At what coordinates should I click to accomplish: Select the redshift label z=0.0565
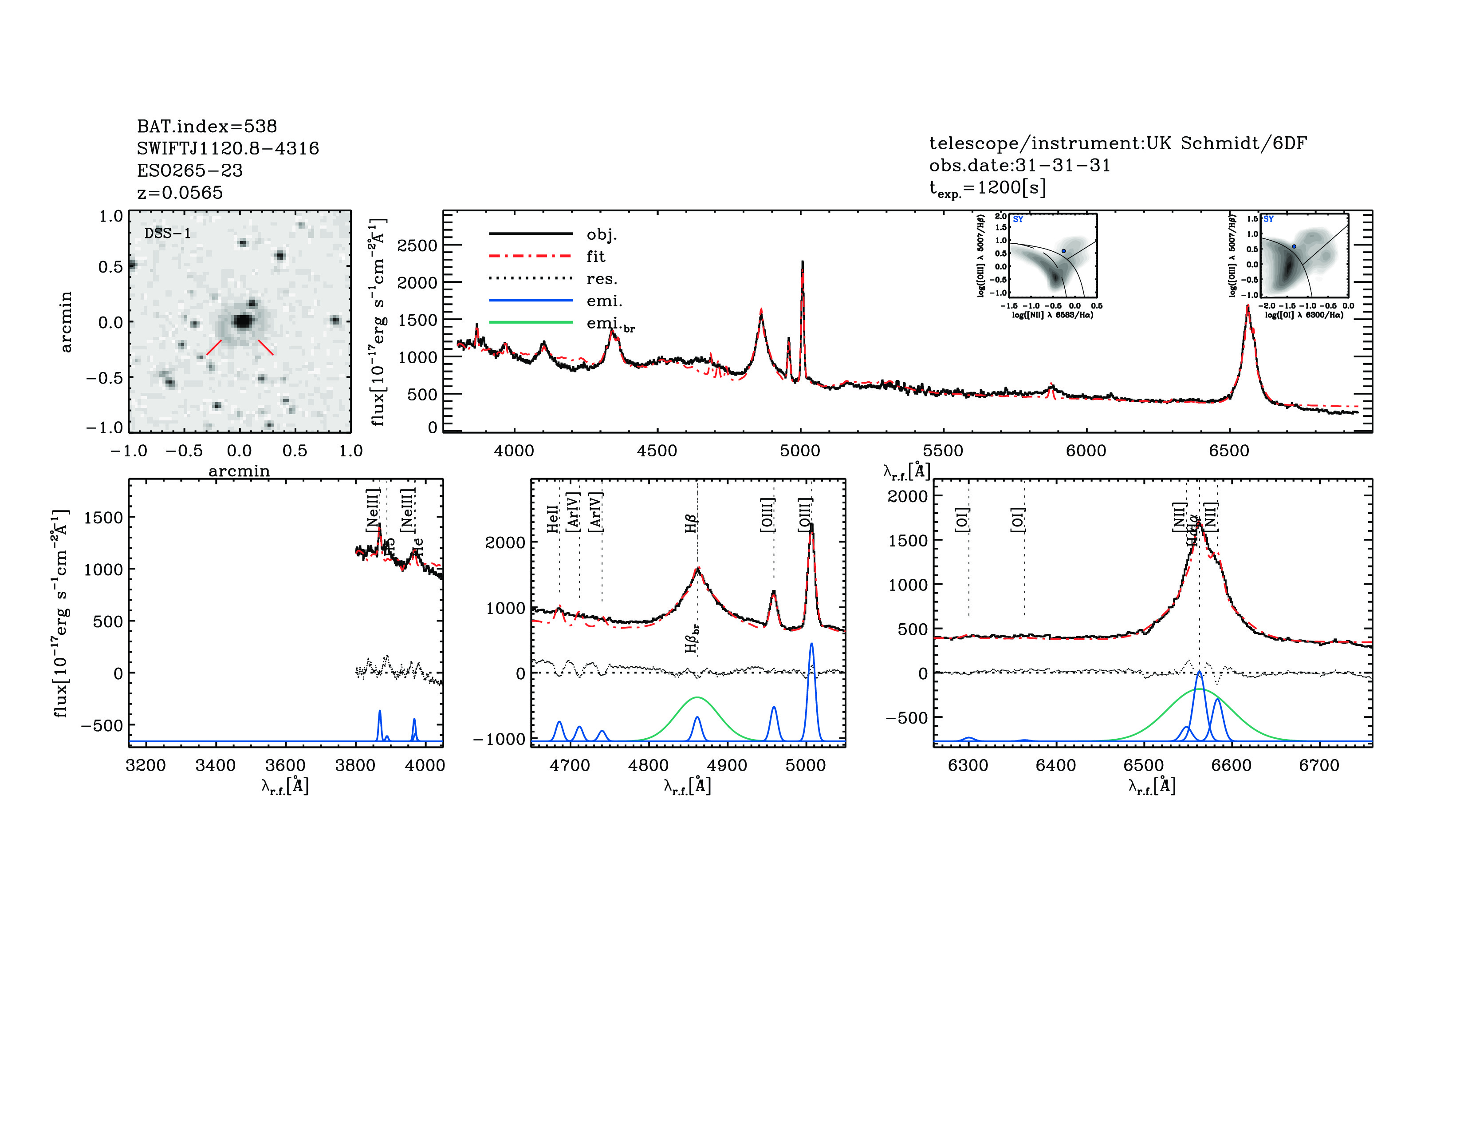click(x=180, y=193)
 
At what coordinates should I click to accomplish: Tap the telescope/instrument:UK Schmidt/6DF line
click(x=1118, y=143)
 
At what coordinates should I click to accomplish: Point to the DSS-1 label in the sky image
click(x=168, y=234)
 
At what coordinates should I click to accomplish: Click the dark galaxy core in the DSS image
click(x=243, y=321)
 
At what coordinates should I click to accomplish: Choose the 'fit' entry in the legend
click(x=595, y=256)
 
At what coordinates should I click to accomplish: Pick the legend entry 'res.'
click(x=601, y=278)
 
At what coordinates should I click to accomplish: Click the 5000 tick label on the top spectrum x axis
click(x=800, y=451)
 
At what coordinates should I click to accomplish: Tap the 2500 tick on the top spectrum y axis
click(x=417, y=245)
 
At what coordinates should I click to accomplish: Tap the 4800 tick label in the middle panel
click(x=648, y=765)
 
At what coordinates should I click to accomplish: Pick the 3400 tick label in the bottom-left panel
click(x=215, y=765)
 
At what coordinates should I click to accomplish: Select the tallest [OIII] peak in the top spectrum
click(x=803, y=263)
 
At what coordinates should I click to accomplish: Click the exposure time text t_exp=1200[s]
click(x=988, y=188)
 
